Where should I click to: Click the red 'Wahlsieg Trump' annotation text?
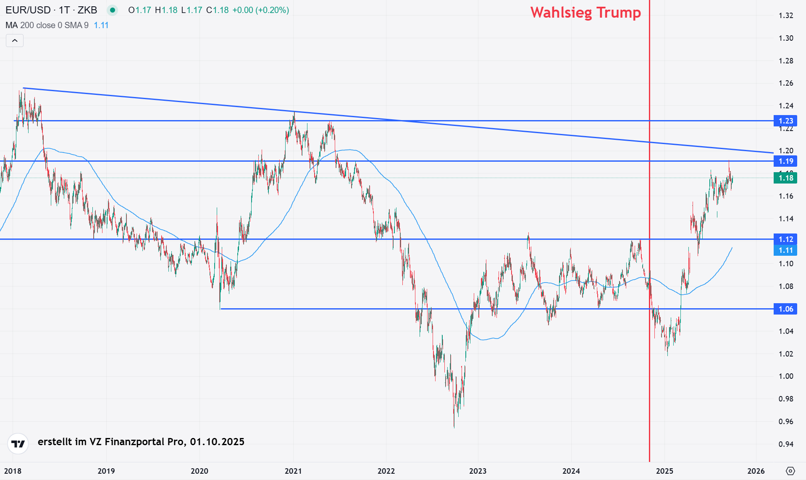tap(585, 13)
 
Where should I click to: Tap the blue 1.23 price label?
tap(785, 121)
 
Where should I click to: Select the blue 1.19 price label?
tap(785, 161)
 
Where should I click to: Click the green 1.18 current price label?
tap(785, 178)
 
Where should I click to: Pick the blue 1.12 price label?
tap(785, 239)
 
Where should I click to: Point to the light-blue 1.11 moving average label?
tap(785, 250)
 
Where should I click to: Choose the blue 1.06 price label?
tap(785, 309)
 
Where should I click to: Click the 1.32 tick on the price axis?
tap(786, 16)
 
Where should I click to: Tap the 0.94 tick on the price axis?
tap(786, 444)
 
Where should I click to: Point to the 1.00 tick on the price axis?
tap(786, 376)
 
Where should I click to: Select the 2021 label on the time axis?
tap(293, 471)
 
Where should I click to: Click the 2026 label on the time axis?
tap(756, 471)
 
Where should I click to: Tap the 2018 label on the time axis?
tap(13, 471)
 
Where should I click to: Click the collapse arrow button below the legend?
tap(15, 41)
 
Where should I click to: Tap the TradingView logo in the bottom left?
tap(18, 443)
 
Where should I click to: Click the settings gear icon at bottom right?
tap(790, 471)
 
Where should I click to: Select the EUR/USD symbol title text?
tap(28, 10)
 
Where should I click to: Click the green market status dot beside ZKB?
tap(112, 10)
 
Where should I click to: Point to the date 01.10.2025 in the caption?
tap(217, 442)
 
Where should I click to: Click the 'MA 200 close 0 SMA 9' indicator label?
tap(47, 25)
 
